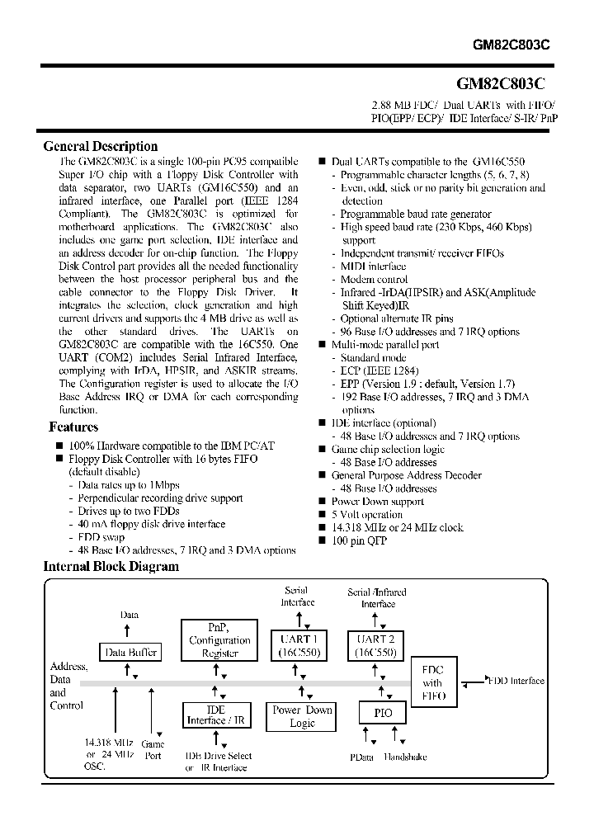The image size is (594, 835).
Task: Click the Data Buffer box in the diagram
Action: [x=128, y=652]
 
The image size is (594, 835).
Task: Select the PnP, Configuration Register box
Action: [x=219, y=640]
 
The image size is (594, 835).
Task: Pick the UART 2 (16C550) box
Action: [x=376, y=644]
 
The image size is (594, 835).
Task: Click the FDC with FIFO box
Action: [x=432, y=683]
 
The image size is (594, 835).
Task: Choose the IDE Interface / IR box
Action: [x=216, y=715]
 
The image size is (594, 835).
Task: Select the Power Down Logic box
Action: [x=302, y=716]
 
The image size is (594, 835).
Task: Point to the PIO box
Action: [x=383, y=712]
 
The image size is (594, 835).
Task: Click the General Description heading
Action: [x=100, y=147]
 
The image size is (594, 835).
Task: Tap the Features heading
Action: [x=73, y=427]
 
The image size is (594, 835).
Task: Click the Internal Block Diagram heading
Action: [x=111, y=567]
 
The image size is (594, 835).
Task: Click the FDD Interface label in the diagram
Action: [x=516, y=681]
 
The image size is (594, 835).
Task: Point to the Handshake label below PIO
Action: [x=404, y=757]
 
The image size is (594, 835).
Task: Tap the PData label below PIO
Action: [x=361, y=757]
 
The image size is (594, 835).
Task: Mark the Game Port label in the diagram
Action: [x=153, y=749]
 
